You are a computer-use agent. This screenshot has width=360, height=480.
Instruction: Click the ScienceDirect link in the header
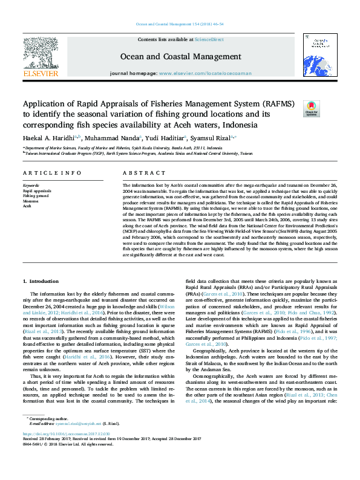pos(209,39)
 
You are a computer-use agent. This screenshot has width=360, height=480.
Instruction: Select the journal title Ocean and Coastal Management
pos(180,56)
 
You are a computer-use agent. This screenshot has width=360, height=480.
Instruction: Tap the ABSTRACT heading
pos(136,173)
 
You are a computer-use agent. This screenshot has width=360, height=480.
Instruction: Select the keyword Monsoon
pos(31,201)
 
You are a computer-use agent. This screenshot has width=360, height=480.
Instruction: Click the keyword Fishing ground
pos(36,196)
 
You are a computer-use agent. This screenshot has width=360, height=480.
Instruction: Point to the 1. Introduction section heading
pos(41,282)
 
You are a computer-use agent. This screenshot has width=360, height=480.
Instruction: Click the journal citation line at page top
pos(180,24)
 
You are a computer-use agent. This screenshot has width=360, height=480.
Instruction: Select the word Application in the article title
pos(42,104)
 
